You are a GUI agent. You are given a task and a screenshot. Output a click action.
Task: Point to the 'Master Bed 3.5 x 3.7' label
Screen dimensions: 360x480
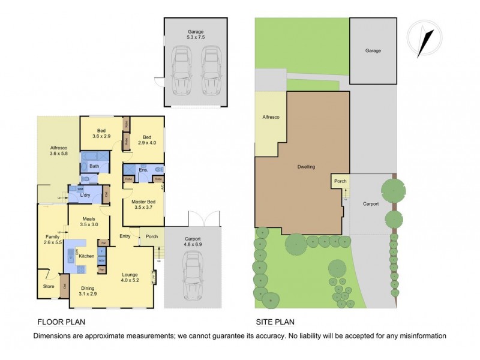143,205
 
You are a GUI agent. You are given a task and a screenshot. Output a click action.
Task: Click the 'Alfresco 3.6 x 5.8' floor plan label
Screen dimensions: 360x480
58,151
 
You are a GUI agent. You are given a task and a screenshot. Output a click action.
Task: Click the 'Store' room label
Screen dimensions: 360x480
49,286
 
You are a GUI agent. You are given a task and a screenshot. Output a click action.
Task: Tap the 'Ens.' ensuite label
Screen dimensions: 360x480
143,170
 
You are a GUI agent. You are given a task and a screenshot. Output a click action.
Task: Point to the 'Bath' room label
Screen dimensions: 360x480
94,166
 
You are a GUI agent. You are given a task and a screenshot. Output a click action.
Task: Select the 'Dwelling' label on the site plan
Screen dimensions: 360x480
305,167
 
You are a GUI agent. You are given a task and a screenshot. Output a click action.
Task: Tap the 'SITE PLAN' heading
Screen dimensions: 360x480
274,321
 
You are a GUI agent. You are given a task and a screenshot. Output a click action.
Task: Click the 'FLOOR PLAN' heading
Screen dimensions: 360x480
60,321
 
